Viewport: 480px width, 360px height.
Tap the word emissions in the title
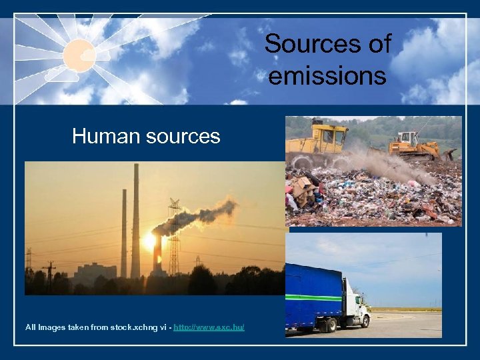(327, 75)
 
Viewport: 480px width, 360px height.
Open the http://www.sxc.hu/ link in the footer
(209, 327)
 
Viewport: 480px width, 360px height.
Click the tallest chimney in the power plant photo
(135, 220)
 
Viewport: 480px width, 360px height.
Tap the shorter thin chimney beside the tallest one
(124, 233)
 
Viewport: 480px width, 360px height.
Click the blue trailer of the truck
(313, 293)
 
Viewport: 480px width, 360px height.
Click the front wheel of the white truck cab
(365, 322)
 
